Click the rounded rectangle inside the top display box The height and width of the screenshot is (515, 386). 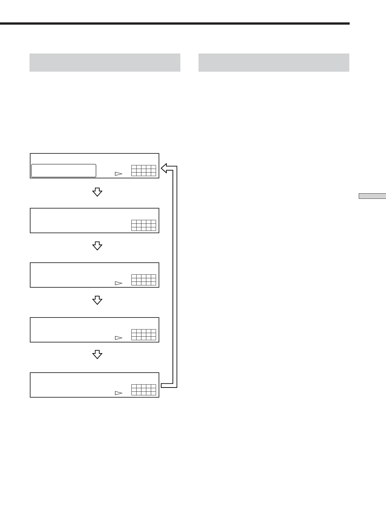(64, 171)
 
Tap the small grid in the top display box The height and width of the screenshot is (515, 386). (144, 171)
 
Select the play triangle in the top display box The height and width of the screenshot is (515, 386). (118, 174)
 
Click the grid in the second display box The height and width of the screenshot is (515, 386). (144, 225)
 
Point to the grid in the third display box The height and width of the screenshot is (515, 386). (144, 280)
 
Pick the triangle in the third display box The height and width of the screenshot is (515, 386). (118, 283)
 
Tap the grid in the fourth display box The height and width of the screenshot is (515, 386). (144, 334)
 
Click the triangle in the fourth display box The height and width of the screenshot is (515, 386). (118, 338)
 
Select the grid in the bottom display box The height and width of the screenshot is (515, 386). (144, 389)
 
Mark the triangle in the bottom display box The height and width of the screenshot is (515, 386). (118, 393)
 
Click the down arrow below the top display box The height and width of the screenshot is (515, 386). (97, 192)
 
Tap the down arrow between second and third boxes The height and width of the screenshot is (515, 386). (97, 246)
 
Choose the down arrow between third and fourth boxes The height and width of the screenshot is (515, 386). (97, 301)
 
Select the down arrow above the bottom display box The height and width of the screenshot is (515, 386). (97, 355)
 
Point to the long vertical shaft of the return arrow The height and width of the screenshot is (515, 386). (175, 276)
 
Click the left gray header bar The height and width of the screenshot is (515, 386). (105, 62)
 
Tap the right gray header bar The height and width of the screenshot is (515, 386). (273, 62)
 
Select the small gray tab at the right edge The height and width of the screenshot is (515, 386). (372, 196)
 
